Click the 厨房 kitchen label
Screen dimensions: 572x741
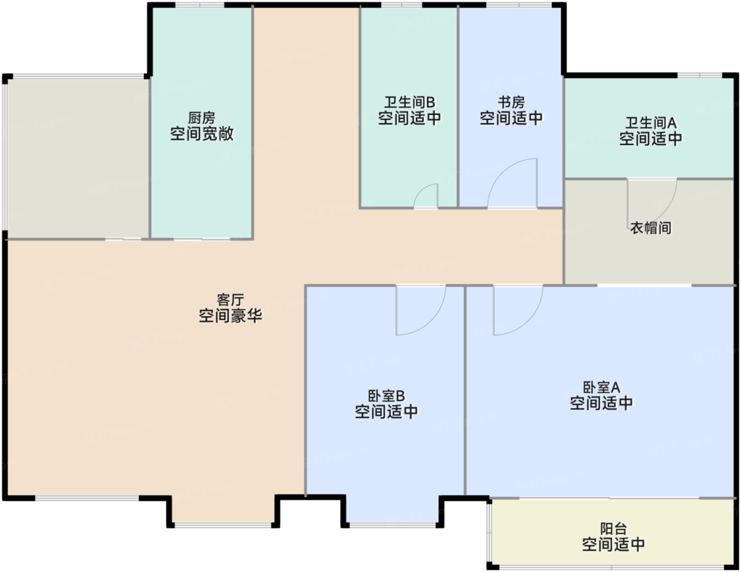point(202,117)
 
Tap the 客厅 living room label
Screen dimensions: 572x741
point(230,300)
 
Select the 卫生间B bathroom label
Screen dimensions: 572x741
point(409,102)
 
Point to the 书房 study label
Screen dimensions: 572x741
point(511,102)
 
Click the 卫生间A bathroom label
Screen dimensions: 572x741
point(650,123)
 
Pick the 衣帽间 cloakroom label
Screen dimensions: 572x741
point(650,228)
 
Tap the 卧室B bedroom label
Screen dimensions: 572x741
point(386,396)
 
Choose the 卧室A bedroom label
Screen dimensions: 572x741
point(601,388)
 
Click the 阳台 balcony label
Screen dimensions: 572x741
point(613,528)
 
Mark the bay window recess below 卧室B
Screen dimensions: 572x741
point(393,510)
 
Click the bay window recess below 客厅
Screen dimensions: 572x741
point(224,510)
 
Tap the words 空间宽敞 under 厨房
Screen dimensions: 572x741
point(202,134)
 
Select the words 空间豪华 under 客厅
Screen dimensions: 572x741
point(230,316)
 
